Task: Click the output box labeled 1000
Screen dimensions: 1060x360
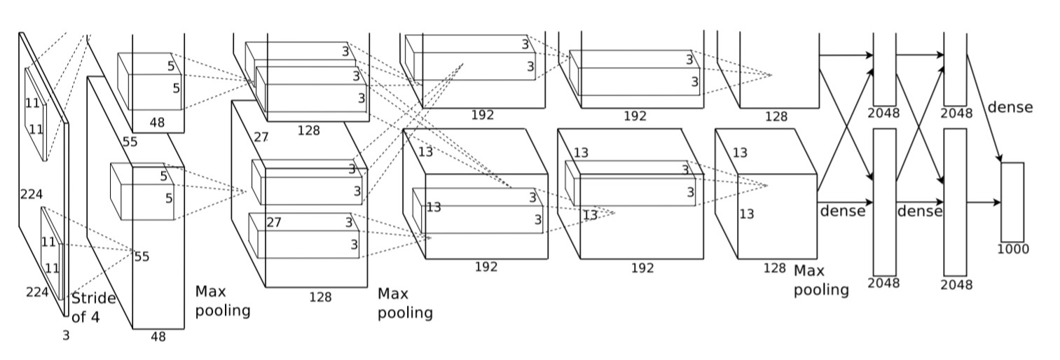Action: (1012, 202)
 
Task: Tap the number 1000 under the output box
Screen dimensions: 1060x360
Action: (1013, 249)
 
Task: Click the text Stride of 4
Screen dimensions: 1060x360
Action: (94, 307)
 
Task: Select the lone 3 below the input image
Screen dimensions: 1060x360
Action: (66, 335)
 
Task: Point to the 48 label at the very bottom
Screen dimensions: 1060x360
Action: (158, 337)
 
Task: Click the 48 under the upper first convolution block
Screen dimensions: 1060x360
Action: (157, 123)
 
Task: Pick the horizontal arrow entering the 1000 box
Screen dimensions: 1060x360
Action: (984, 202)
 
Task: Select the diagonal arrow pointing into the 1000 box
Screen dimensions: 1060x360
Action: (984, 109)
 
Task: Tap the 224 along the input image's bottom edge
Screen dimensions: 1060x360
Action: (37, 292)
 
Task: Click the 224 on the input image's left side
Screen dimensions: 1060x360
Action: (32, 194)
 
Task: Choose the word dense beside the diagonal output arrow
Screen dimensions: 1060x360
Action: (1010, 107)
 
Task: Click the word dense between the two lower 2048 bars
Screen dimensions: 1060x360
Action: (919, 211)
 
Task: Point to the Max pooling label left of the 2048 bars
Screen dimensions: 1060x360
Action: (821, 280)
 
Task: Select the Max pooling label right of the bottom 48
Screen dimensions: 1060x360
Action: (222, 301)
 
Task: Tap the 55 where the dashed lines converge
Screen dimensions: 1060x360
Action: (142, 257)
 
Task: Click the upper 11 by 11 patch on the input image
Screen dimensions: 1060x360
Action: (36, 114)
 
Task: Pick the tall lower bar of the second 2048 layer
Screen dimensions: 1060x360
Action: (956, 202)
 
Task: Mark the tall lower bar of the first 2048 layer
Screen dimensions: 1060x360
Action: (884, 202)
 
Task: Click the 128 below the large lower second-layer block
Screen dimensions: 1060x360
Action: (320, 297)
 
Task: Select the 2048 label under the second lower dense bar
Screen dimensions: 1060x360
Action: (956, 284)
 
